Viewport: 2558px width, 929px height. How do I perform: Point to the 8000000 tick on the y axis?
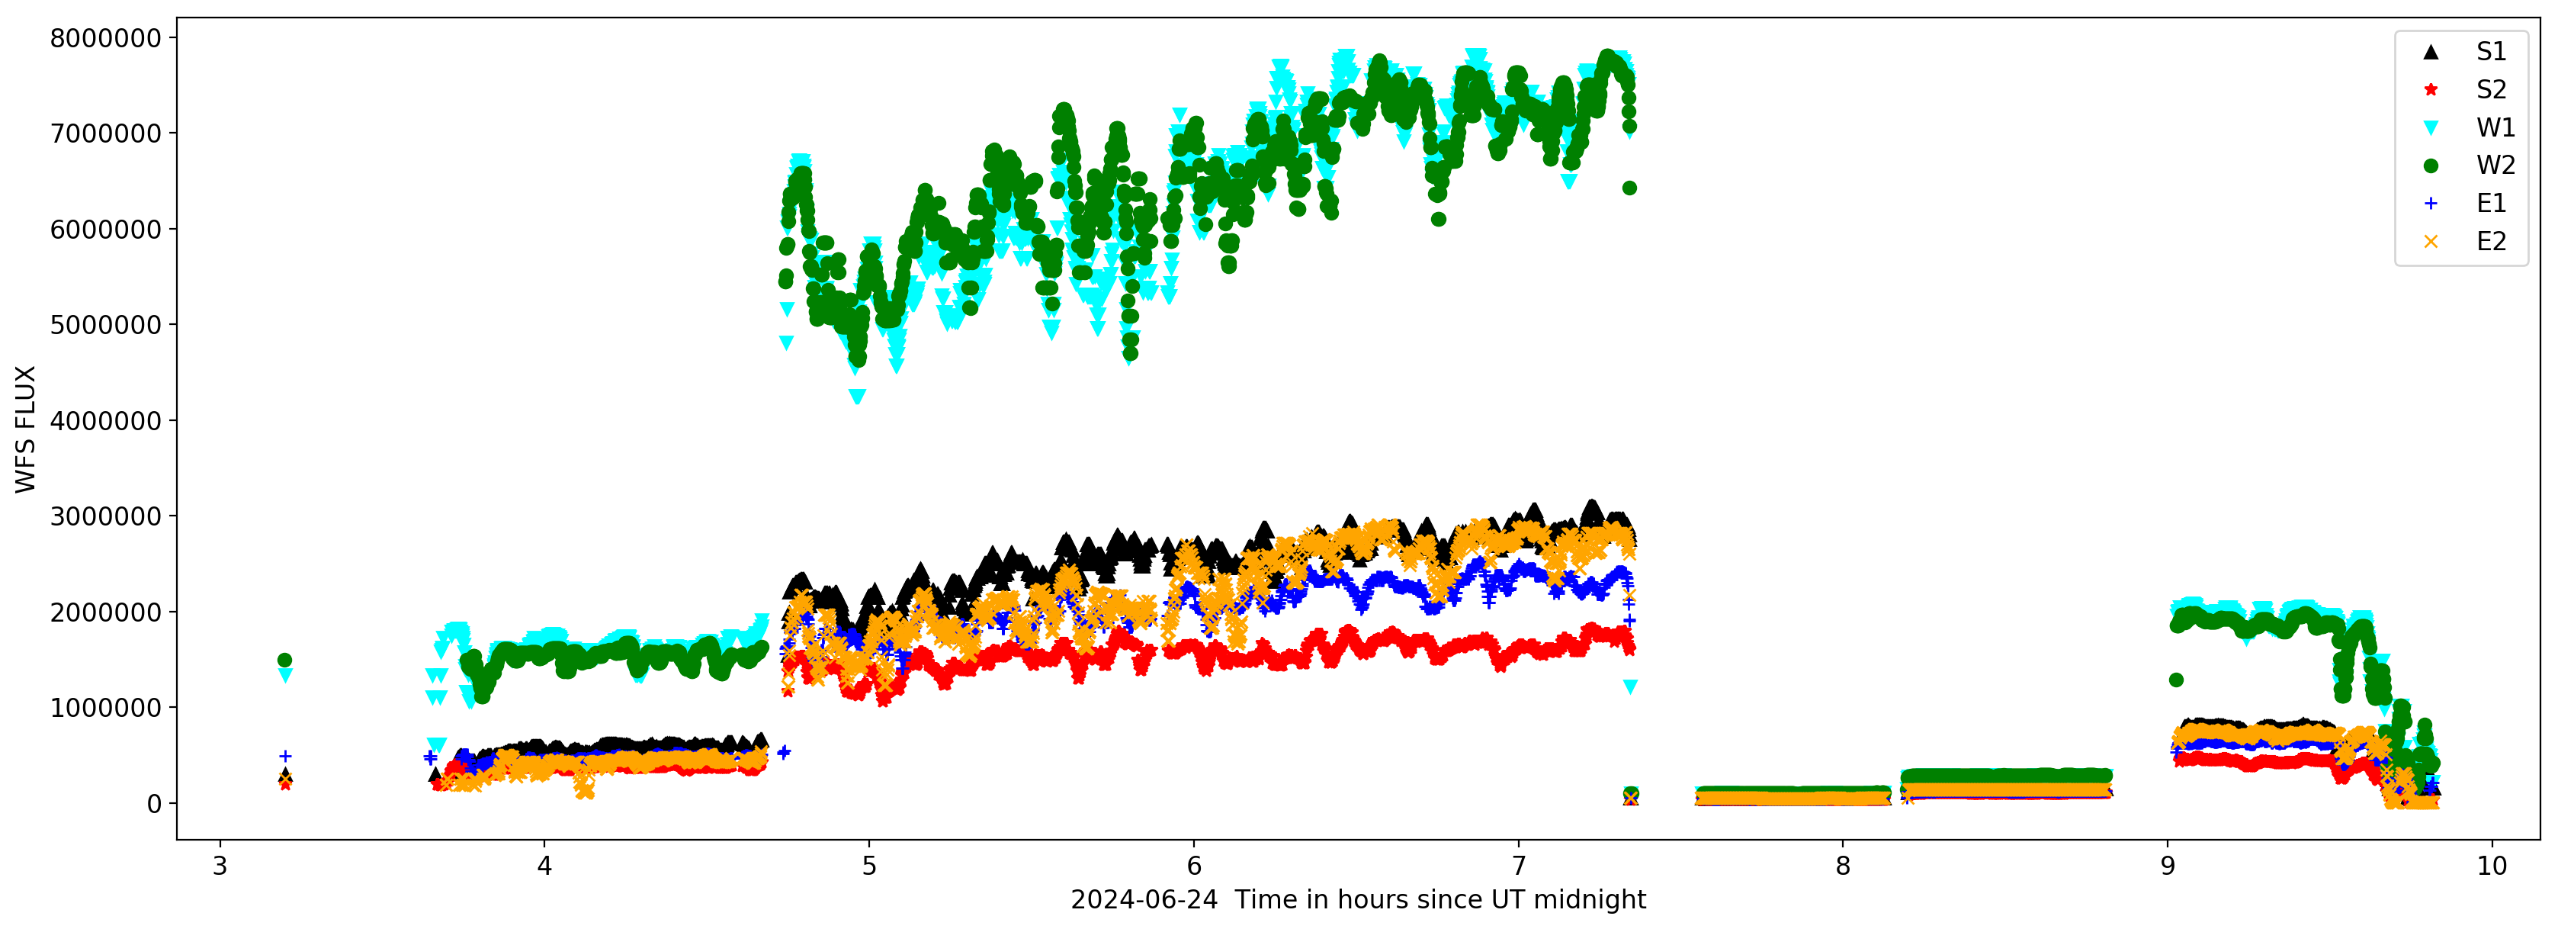[x=105, y=38]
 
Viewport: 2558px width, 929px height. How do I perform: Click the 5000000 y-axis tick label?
[x=105, y=325]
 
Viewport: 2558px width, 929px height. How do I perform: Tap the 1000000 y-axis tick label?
[x=105, y=708]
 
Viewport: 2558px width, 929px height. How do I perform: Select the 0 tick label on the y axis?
[x=154, y=804]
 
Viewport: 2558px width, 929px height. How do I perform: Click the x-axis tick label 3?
[x=220, y=866]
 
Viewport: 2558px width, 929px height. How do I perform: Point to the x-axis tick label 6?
[x=1193, y=866]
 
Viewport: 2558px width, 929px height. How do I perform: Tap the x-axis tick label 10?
[x=2492, y=866]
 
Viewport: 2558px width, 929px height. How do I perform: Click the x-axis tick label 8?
[x=1843, y=866]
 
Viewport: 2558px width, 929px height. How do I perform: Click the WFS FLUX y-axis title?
[x=26, y=429]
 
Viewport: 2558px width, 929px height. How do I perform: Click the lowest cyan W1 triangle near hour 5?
[x=857, y=397]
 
